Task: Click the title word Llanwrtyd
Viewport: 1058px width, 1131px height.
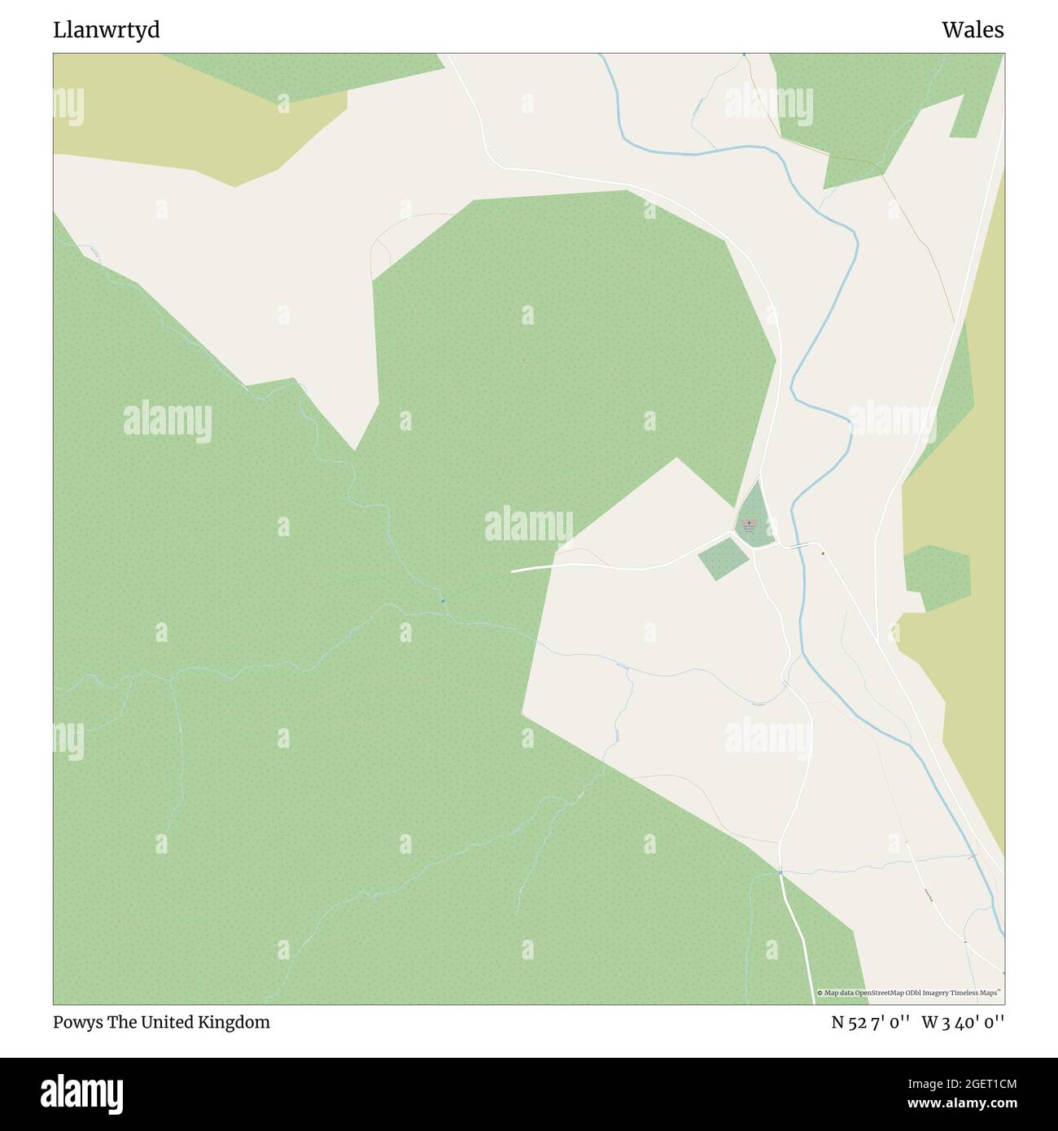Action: [x=107, y=30]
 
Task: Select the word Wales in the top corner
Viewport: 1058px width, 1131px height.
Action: [x=973, y=30]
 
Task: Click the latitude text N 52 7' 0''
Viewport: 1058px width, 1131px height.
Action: [x=870, y=1023]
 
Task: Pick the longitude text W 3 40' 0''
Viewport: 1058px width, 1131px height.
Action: [x=963, y=1023]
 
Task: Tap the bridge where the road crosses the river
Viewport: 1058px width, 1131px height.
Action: [x=797, y=544]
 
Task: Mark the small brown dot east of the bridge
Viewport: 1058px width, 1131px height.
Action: [x=823, y=554]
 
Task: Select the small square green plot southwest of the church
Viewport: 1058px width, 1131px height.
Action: [x=722, y=558]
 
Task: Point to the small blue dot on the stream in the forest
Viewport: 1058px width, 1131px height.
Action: [x=443, y=601]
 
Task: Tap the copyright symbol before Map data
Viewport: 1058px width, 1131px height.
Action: [x=820, y=993]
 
